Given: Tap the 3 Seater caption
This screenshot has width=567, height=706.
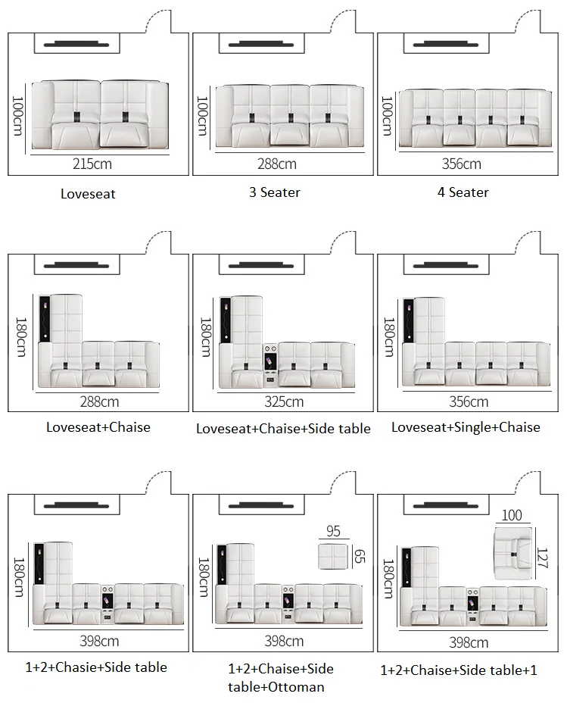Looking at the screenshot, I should (x=274, y=192).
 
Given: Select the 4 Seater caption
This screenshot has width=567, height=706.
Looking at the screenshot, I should (x=463, y=192).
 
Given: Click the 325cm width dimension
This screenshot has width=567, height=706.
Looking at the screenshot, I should (x=283, y=401).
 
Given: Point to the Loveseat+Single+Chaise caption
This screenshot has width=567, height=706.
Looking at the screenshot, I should (x=466, y=427).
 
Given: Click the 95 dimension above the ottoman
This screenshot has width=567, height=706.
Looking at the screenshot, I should (x=333, y=532).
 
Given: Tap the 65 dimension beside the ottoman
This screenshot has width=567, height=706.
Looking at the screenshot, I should (x=360, y=558).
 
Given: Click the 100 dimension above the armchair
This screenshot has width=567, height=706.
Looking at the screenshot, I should (x=512, y=516).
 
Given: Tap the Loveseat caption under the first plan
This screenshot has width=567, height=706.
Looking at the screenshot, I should (x=88, y=194).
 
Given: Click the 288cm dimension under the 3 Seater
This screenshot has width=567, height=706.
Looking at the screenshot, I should (x=276, y=164).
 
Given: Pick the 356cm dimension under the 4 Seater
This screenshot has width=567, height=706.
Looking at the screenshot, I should (x=461, y=164).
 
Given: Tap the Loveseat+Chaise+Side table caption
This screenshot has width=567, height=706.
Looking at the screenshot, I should (x=283, y=429).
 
